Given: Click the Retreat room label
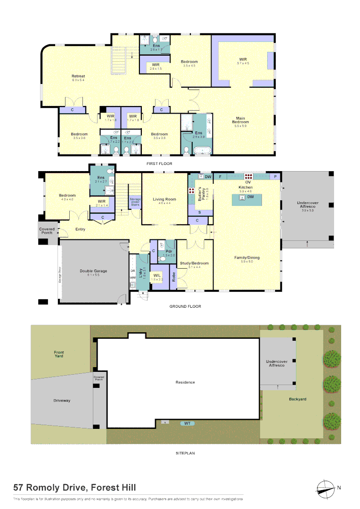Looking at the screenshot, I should tap(78, 76).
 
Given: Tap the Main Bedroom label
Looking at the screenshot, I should tap(241, 120).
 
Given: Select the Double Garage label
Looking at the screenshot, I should tap(93, 271).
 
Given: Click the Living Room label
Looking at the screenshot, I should tap(164, 199).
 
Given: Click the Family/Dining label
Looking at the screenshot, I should tap(247, 258).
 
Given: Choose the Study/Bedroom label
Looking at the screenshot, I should tap(198, 263).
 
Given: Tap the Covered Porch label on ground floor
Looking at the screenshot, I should tap(47, 231).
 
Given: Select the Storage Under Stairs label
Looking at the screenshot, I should tap(135, 203).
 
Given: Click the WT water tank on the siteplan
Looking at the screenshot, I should tap(187, 423).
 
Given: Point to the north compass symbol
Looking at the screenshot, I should tap(325, 487).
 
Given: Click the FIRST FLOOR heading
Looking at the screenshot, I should tap(160, 164).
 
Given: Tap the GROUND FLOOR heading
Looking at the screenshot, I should tap(185, 306).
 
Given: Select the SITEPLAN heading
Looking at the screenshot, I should tap(185, 453).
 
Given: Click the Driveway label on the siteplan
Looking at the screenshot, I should tap(62, 401).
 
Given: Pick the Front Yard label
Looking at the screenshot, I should tap(59, 354).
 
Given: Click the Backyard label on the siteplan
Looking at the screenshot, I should tap(297, 399).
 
